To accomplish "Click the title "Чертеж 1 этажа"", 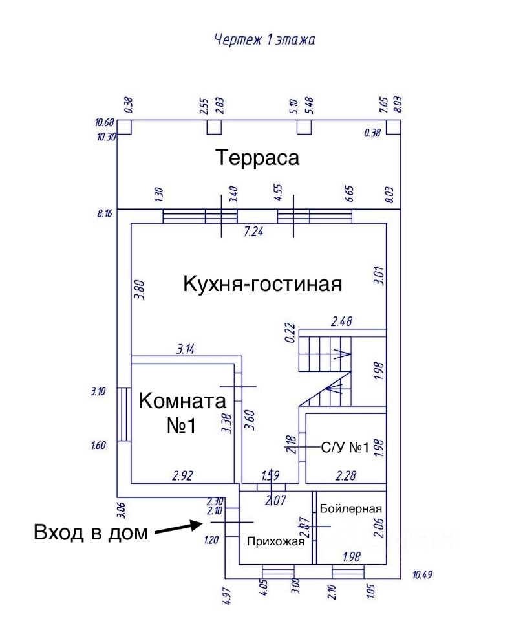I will pos(264,40).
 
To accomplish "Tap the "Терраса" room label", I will pos(257,158).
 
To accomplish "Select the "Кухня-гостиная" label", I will pos(262,284).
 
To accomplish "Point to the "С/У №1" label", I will pos(345,447).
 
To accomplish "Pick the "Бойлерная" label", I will pos(351,508).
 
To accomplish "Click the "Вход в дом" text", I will pos(91,533).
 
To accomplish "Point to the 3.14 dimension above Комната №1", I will pos(186,349).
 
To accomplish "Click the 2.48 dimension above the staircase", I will pos(343,321).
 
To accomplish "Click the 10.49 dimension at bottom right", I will pos(424,574).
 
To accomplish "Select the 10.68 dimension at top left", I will pos(104,122).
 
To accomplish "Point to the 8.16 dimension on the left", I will pos(104,212).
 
